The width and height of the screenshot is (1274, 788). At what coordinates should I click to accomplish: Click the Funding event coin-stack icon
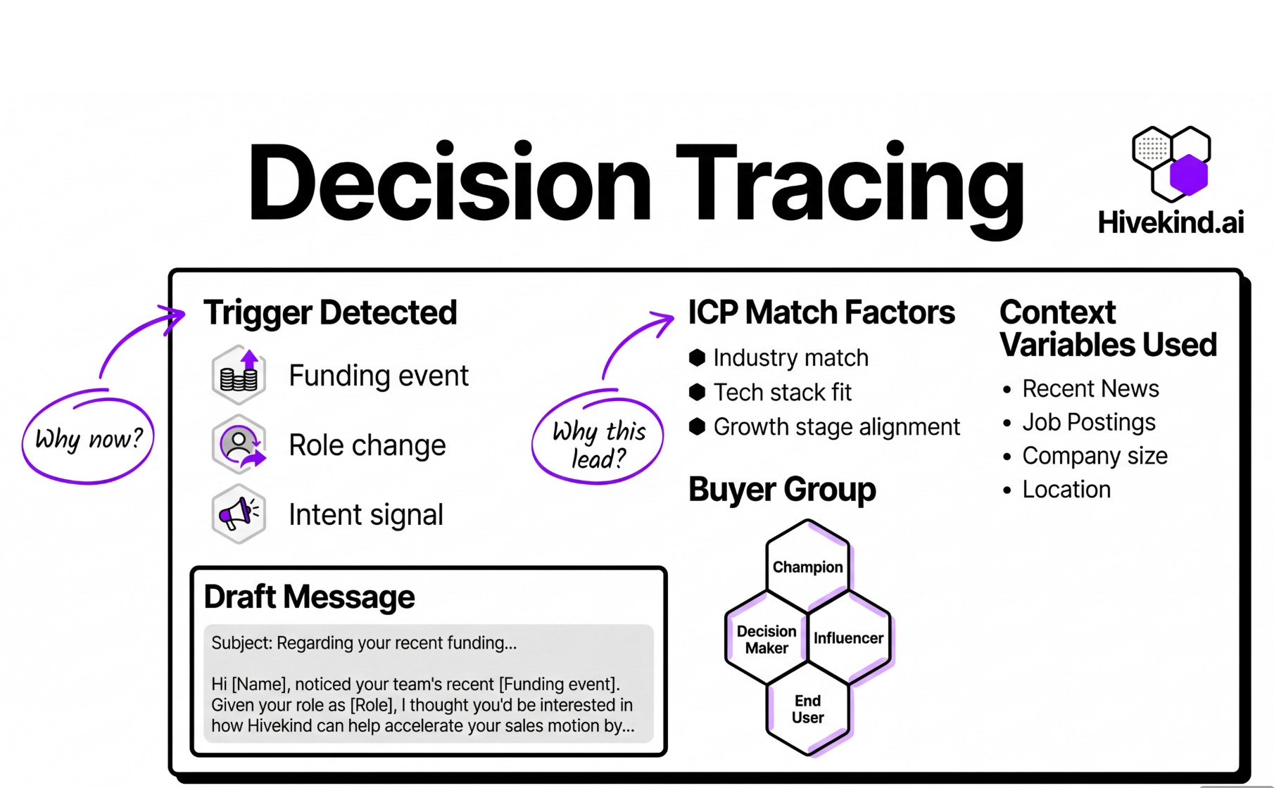click(239, 375)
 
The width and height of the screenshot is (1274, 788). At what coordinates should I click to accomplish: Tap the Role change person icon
click(239, 445)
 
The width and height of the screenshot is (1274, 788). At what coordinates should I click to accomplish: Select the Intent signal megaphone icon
click(239, 514)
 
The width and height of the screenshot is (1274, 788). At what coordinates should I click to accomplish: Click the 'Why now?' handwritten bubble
click(88, 438)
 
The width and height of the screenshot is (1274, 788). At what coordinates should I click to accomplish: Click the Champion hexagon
click(807, 566)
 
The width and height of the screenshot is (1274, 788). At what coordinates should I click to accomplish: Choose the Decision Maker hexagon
click(767, 639)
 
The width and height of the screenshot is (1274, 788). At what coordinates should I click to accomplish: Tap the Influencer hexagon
click(848, 637)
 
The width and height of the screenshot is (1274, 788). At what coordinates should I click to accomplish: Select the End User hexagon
click(807, 708)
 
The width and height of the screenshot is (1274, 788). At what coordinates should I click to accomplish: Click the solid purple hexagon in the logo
click(1189, 174)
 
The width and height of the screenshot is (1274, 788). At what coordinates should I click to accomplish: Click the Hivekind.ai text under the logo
click(1171, 222)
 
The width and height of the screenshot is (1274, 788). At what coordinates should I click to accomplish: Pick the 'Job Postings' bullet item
click(1088, 422)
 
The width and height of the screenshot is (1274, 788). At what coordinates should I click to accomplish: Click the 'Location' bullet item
click(1066, 490)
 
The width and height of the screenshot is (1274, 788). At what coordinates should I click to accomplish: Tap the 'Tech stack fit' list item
click(782, 392)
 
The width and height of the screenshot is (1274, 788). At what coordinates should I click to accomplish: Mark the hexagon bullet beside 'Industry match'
click(697, 357)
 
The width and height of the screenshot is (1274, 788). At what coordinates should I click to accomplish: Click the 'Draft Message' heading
click(309, 597)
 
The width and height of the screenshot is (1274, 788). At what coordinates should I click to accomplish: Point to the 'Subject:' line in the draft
click(364, 643)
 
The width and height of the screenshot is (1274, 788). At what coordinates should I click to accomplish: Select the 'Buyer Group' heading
click(781, 489)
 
